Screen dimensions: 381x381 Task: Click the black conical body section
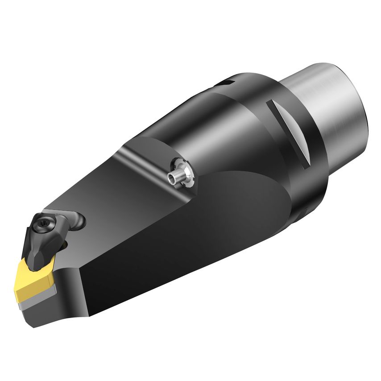point(210,125)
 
